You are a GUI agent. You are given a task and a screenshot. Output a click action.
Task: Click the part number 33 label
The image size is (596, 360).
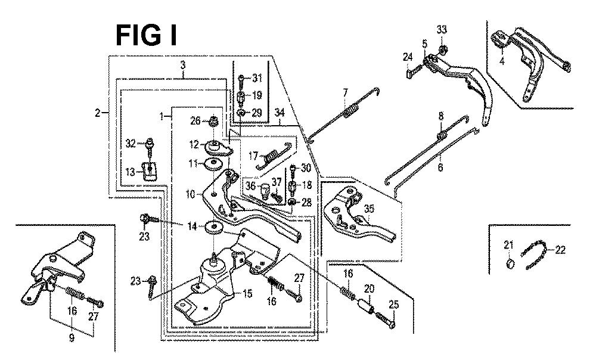[x=442, y=30]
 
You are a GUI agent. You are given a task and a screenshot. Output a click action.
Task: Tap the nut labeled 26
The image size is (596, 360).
[x=213, y=123]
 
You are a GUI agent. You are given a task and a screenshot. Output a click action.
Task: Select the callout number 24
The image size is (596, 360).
[x=407, y=57]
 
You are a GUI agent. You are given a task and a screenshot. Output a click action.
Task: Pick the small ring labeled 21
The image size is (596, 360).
[x=509, y=263]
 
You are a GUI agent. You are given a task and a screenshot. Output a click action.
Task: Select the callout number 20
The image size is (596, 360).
[x=369, y=289]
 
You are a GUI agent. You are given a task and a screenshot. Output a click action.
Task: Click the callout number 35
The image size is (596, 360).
[x=369, y=209]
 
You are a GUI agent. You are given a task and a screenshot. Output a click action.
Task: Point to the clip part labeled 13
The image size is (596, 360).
[x=149, y=170]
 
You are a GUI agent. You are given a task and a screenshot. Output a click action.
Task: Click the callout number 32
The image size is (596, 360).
[x=131, y=142]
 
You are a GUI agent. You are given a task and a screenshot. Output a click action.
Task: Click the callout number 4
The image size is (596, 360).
[x=502, y=61]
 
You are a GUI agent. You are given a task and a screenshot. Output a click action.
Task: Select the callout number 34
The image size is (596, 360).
[x=280, y=113]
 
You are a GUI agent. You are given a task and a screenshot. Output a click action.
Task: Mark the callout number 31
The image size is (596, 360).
[x=257, y=78]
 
